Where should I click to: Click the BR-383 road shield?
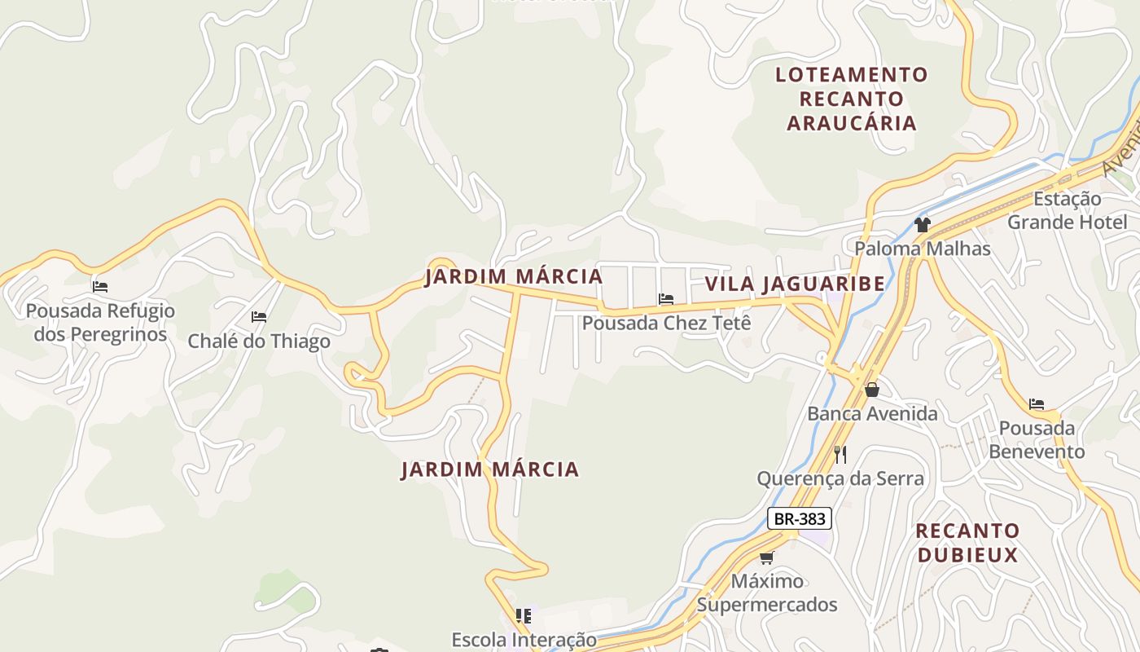click(799, 518)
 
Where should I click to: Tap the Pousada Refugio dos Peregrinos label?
click(100, 323)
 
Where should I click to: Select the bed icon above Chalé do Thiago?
click(259, 316)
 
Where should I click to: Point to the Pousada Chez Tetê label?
click(666, 323)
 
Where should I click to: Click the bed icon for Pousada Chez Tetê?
click(666, 299)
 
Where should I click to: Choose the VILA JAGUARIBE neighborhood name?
click(794, 284)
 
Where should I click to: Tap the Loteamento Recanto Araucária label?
click(851, 99)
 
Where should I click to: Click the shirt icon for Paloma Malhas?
click(922, 224)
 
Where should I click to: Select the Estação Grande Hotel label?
click(1067, 210)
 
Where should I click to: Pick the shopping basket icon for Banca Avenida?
click(872, 390)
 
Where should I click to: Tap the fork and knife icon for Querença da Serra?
click(840, 454)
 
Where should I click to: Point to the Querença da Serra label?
click(840, 478)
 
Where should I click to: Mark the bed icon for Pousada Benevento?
click(1036, 403)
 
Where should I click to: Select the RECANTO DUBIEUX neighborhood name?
click(967, 543)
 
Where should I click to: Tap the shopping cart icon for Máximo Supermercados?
click(766, 557)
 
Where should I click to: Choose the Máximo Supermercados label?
click(766, 593)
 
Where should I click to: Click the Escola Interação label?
click(524, 640)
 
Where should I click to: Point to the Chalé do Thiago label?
click(259, 341)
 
